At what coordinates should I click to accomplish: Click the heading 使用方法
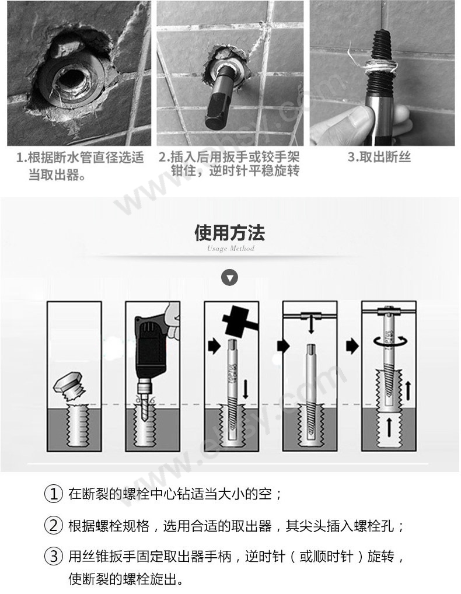click(230, 233)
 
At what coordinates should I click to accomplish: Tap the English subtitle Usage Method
click(230, 249)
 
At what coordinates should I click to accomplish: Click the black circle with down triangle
click(230, 278)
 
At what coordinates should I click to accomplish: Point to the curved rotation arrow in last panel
click(385, 340)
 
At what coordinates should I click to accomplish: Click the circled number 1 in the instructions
click(53, 494)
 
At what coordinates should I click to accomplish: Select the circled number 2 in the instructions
click(53, 526)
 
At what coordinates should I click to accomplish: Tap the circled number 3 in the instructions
click(53, 557)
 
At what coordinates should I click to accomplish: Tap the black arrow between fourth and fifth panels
click(352, 346)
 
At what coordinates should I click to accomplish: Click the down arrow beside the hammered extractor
click(246, 387)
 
